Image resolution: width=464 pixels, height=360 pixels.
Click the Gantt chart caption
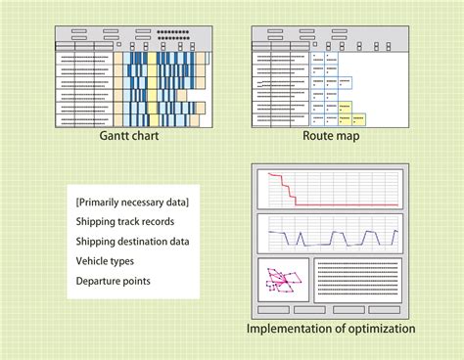point(130,137)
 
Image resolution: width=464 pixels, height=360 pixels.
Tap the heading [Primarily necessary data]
point(132,202)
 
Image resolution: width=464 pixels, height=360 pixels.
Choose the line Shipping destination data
point(132,242)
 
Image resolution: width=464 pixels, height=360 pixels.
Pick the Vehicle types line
point(105,261)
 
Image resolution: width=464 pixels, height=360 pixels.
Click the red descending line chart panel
point(330,189)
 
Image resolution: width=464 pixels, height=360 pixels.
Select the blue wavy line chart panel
point(330,235)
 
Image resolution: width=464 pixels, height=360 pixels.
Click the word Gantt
point(116,137)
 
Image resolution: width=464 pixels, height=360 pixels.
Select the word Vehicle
point(93,261)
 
